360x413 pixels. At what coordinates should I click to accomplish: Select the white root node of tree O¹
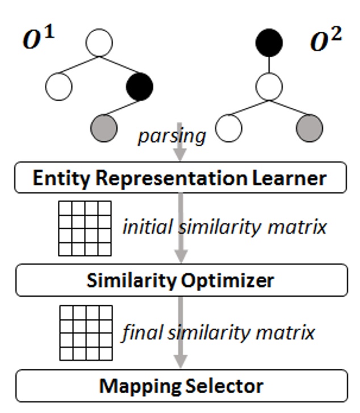pos(99,43)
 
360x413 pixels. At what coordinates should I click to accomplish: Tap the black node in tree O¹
pos(139,86)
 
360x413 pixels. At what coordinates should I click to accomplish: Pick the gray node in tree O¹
pos(104,127)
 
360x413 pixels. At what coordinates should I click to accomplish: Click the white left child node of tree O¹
pos(58,86)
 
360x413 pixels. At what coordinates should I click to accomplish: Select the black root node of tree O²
pos(269,43)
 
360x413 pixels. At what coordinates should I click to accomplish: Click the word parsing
pos(171,137)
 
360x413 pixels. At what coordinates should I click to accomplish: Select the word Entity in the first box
pos(57,178)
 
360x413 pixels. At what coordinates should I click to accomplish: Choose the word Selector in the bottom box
pos(224,386)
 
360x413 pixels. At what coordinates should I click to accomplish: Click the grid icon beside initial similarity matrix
pos(85,228)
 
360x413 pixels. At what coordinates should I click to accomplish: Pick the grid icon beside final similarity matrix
pos(85,332)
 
